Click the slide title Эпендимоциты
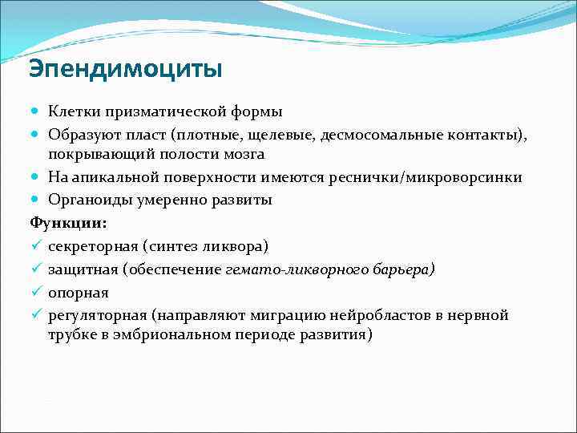pyautogui.click(x=125, y=70)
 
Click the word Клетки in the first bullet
pyautogui.click(x=73, y=111)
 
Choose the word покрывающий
pyautogui.click(x=98, y=154)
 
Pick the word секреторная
pyautogui.click(x=91, y=245)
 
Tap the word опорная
pyautogui.click(x=78, y=292)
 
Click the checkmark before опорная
pyautogui.click(x=35, y=292)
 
